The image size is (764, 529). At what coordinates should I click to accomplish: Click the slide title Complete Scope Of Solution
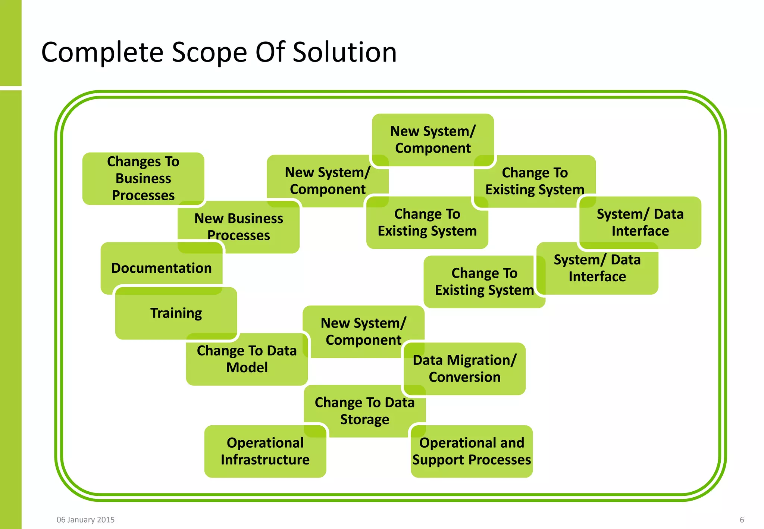tap(219, 52)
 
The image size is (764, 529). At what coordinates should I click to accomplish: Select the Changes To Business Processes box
tap(143, 178)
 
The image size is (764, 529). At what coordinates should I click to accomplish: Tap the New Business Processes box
tap(239, 226)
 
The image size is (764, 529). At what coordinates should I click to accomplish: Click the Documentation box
tap(161, 268)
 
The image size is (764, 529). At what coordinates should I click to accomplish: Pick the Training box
tap(176, 313)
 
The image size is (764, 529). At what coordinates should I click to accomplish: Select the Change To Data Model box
tap(247, 359)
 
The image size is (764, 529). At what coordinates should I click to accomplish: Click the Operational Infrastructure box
tap(265, 451)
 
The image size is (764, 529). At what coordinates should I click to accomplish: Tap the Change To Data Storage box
tap(364, 411)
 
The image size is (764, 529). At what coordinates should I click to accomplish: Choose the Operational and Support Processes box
tap(472, 451)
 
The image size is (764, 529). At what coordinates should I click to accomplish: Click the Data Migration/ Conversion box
tap(464, 369)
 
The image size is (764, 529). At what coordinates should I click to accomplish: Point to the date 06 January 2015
tap(85, 520)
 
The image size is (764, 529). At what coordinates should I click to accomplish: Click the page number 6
tap(742, 520)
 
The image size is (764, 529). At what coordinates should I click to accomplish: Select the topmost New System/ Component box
tap(433, 140)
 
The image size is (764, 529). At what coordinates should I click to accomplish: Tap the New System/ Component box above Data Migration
tap(363, 331)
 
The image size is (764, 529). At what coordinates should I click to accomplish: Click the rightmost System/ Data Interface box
tap(640, 222)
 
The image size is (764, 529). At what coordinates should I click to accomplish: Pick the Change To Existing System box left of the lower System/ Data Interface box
tap(484, 282)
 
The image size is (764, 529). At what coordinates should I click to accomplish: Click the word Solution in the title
tap(345, 52)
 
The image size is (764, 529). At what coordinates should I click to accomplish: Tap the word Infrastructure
tap(265, 460)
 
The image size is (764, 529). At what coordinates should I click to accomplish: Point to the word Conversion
tap(464, 377)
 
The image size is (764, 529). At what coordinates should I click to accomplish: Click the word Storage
tap(364, 419)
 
